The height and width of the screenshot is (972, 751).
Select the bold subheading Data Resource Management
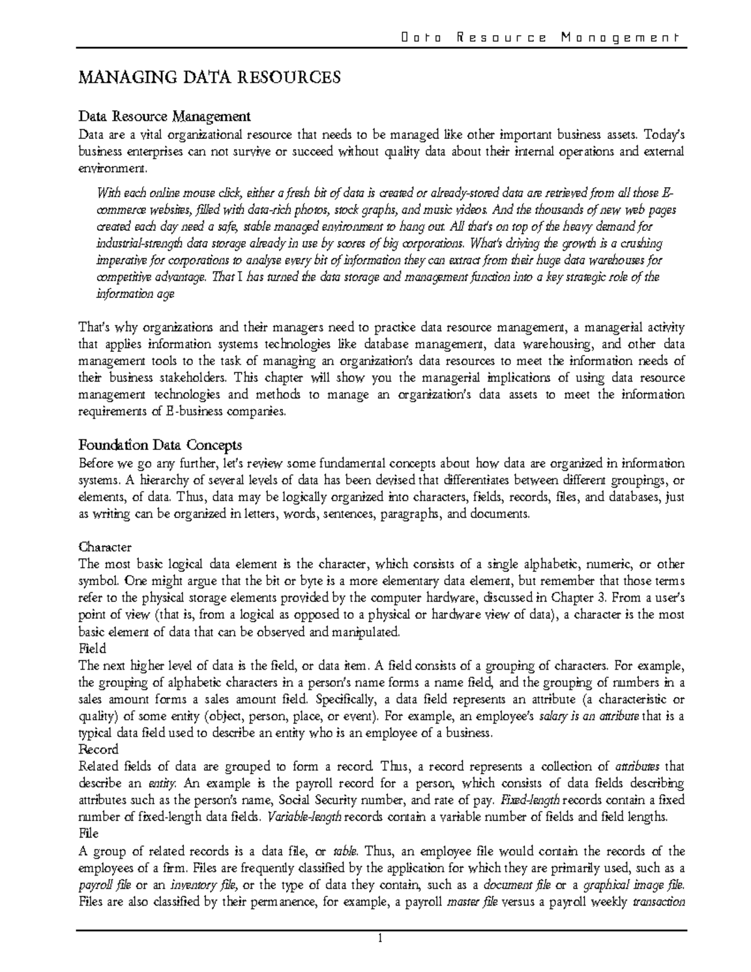tap(164, 116)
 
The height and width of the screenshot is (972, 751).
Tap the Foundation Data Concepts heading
tap(160, 446)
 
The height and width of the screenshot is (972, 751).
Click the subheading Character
tap(105, 547)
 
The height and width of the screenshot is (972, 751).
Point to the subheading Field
tap(92, 648)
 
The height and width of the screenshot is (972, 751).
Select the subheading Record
tap(98, 749)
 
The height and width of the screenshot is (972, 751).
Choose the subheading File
tap(88, 834)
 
